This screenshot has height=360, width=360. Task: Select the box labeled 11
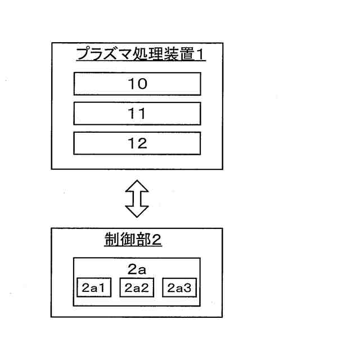pos(137,114)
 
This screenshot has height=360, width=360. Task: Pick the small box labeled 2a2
pos(137,288)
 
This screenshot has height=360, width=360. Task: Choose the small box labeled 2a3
pos(180,288)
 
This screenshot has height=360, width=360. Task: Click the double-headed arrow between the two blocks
pos(137,199)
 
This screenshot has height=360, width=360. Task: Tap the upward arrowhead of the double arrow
pos(137,186)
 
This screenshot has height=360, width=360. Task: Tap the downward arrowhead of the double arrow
pos(137,211)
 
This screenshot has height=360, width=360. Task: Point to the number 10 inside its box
pos(137,84)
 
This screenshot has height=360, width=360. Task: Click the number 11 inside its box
pos(137,114)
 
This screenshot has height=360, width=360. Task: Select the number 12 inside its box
pos(137,143)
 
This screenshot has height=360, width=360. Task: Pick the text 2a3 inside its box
pos(180,288)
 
